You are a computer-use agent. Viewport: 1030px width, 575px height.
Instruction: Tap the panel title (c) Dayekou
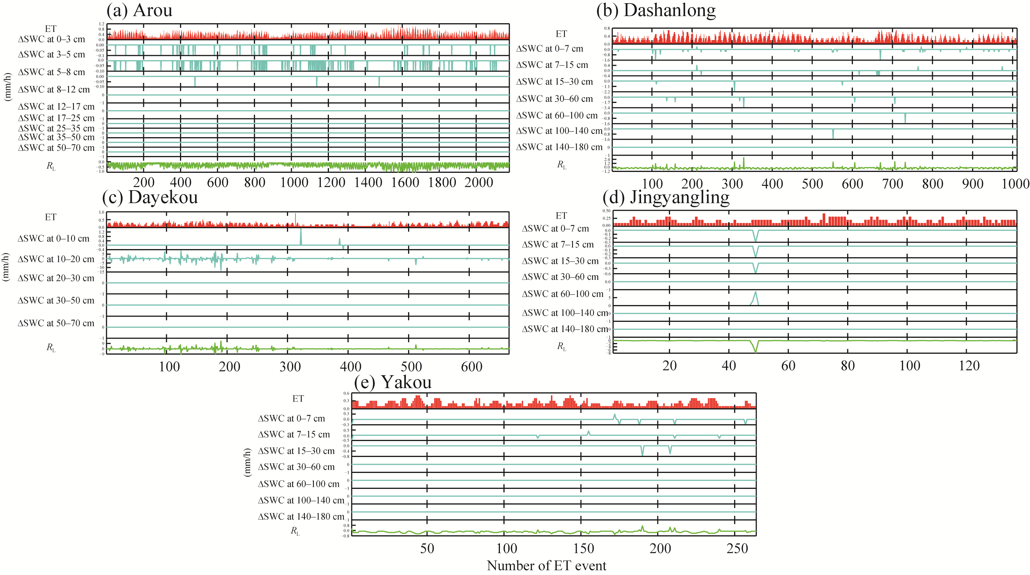pyautogui.click(x=150, y=197)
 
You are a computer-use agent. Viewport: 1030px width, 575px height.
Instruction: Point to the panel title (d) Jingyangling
pyautogui.click(x=666, y=197)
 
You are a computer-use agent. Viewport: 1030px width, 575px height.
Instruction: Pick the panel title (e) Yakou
pyautogui.click(x=393, y=382)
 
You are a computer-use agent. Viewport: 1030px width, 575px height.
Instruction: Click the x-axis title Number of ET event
pyautogui.click(x=547, y=565)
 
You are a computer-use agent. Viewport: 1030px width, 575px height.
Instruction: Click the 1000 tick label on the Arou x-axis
pyautogui.click(x=294, y=182)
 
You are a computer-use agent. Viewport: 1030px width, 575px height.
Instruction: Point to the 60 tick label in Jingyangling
pyautogui.click(x=788, y=366)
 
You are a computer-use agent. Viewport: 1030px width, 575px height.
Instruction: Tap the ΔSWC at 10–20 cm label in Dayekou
pyautogui.click(x=56, y=259)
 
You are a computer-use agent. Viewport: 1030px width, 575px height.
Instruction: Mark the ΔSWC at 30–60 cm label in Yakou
pyautogui.click(x=296, y=467)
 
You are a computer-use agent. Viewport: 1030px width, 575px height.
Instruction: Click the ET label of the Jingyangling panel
pyautogui.click(x=561, y=216)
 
